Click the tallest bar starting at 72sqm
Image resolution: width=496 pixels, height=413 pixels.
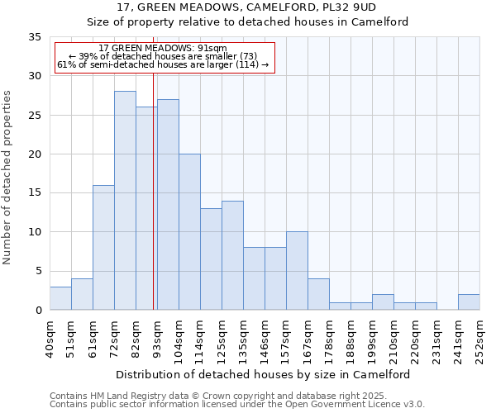point(125,201)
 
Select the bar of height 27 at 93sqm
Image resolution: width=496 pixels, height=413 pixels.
point(168,205)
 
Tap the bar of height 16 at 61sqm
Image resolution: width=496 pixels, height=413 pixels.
point(103,248)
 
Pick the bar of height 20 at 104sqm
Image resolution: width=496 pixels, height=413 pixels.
point(189,232)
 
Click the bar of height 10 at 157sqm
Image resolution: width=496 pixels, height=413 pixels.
point(297,271)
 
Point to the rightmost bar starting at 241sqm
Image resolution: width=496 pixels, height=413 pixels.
point(469,302)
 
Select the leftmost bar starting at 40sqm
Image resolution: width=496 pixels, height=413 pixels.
point(60,298)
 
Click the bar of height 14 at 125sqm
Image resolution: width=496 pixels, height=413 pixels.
point(232,255)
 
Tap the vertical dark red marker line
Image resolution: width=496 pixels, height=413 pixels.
point(154,190)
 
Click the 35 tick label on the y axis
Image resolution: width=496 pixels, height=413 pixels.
point(34,37)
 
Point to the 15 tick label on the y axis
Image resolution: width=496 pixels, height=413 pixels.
point(34,193)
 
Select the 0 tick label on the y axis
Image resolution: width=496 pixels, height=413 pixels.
point(37,311)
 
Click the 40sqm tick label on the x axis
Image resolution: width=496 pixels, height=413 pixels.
point(50,339)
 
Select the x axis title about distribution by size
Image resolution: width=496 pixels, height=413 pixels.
point(263,374)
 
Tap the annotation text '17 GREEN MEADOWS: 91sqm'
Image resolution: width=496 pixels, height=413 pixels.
point(156,49)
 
